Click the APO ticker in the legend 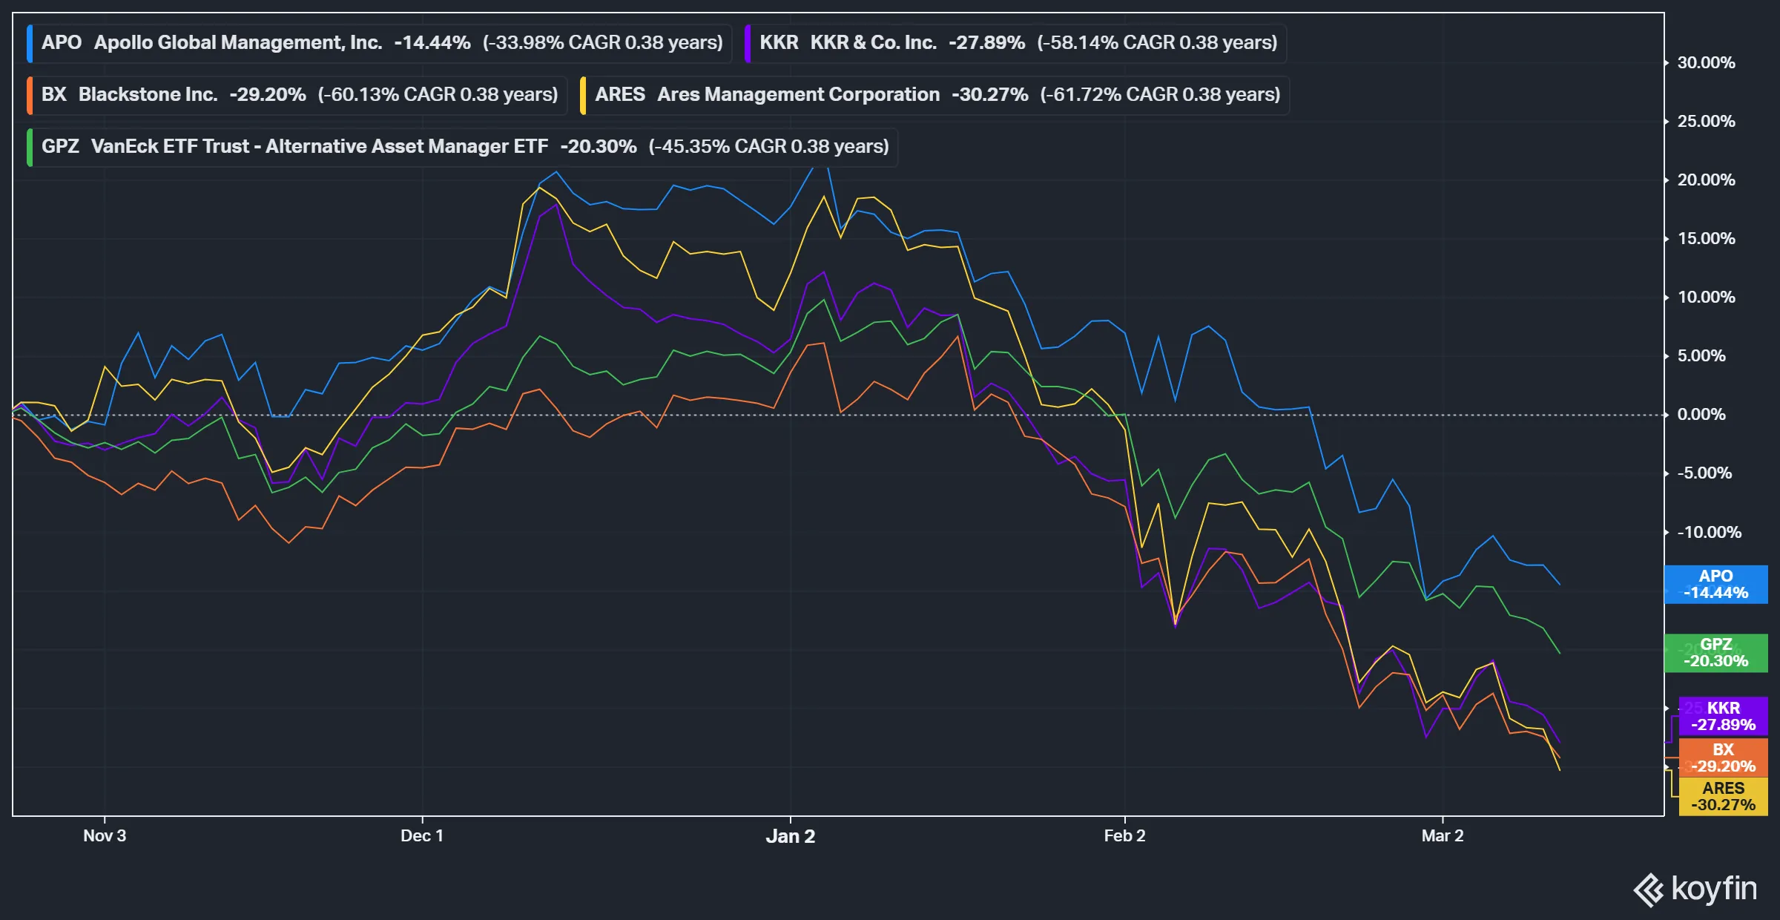point(62,42)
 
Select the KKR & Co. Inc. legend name point(873,42)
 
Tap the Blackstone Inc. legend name point(148,94)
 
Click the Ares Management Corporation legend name point(798,94)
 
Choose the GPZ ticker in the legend point(60,146)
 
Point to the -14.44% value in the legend point(432,42)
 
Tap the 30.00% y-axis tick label point(1706,62)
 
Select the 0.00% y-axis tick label point(1701,414)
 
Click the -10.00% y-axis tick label point(1709,532)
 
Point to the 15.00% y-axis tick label point(1706,238)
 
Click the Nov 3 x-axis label point(105,835)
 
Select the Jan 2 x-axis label point(790,836)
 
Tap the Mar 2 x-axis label point(1443,835)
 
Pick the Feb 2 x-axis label point(1124,835)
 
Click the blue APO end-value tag point(1715,584)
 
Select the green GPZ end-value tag point(1715,653)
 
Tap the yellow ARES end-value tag point(1723,796)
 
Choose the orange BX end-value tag point(1723,758)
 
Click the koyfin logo point(1695,889)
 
